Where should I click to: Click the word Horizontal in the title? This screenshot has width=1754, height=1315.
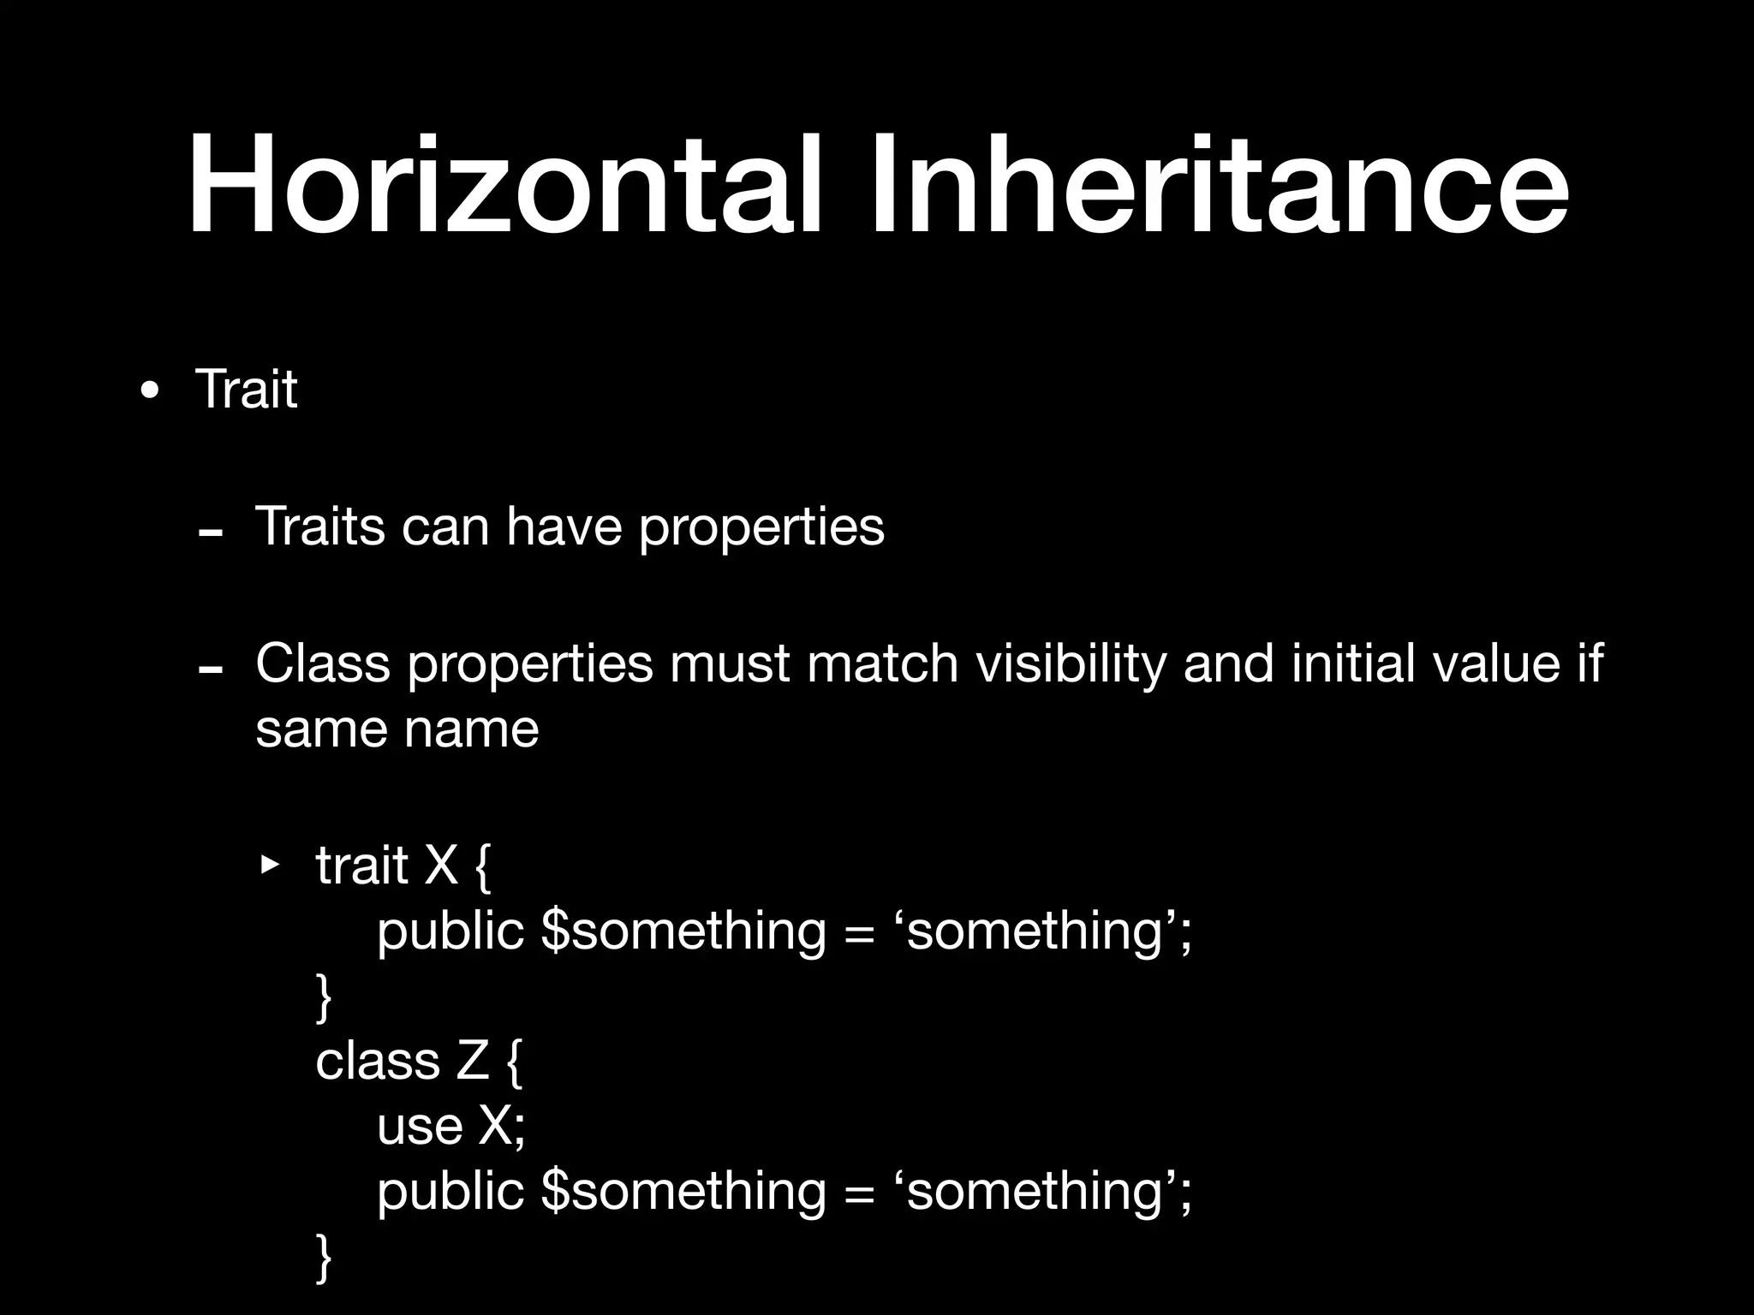[x=505, y=184]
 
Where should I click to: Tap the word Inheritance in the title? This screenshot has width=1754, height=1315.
[x=1220, y=184]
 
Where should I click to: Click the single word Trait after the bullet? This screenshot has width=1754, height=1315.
[x=247, y=390]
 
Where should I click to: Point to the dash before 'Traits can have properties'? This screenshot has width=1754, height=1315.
[x=210, y=533]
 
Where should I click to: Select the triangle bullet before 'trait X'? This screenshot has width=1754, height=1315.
[x=270, y=865]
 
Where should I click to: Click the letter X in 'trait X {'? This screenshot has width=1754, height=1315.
[x=441, y=865]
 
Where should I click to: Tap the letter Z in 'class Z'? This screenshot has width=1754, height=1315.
[x=473, y=1062]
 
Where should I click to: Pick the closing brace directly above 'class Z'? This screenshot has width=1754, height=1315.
[x=324, y=998]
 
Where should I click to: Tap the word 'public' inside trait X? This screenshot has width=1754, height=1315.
[x=450, y=931]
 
